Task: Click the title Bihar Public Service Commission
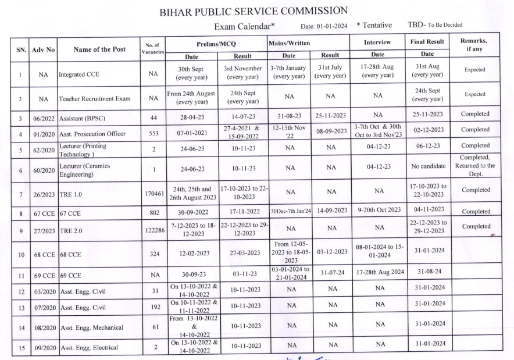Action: pos(254,11)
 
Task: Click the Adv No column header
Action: pos(43,49)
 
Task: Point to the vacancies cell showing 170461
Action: pos(154,193)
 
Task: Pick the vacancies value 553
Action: pos(154,133)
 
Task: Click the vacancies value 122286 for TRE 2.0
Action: pos(154,230)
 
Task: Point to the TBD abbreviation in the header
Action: pos(416,25)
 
